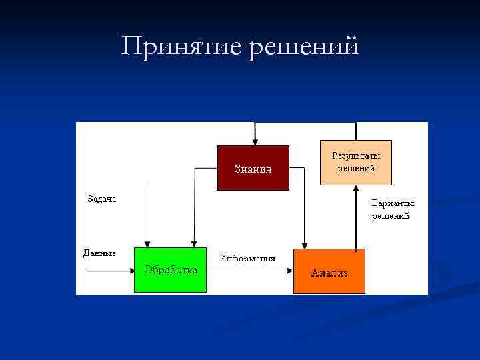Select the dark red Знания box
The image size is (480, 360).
253,168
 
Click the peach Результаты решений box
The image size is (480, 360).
356,162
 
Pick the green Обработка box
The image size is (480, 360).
170,270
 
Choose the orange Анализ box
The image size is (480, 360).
329,271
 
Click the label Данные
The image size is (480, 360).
99,253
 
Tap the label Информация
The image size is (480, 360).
248,258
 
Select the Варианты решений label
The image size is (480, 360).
393,209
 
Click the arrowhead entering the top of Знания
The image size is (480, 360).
254,141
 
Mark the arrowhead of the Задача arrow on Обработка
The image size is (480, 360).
147,243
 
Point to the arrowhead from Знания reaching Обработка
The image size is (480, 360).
193,243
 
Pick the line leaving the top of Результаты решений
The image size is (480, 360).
356,131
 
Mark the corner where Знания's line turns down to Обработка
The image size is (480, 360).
194,168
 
